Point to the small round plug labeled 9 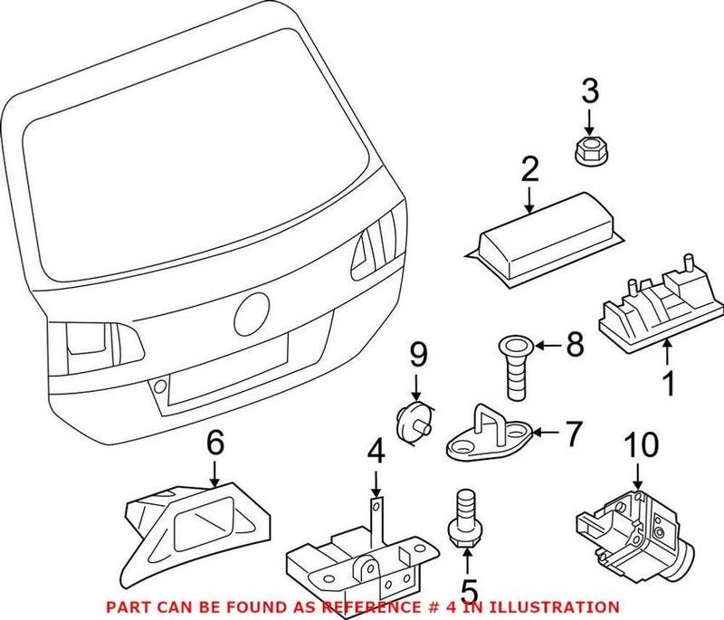click(414, 421)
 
